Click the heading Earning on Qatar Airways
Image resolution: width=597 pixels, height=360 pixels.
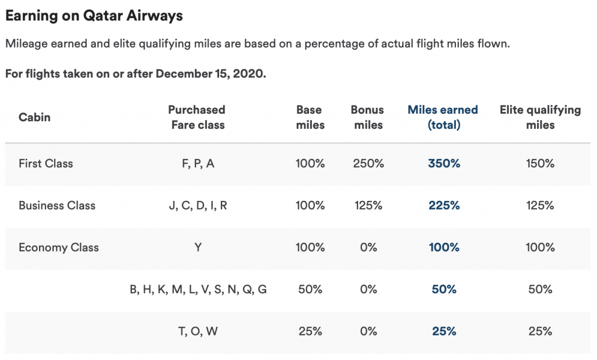(x=94, y=16)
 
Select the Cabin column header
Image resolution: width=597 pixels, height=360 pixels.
(x=34, y=117)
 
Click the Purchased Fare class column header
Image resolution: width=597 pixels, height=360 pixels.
(x=197, y=117)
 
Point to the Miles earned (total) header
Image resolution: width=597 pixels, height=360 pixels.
(x=443, y=117)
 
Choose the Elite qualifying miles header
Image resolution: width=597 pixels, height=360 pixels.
(x=540, y=117)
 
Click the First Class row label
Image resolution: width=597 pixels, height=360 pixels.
(x=46, y=164)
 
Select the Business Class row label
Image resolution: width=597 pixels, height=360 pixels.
(x=57, y=206)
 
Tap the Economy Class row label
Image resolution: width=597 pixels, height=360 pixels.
(x=59, y=248)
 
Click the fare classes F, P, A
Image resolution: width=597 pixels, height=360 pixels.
(x=198, y=164)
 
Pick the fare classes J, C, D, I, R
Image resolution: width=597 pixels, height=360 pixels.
(x=198, y=206)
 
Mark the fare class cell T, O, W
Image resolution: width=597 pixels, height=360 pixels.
(x=198, y=331)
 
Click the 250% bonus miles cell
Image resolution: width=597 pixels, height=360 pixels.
(x=368, y=164)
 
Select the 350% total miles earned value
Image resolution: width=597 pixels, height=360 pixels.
(x=444, y=164)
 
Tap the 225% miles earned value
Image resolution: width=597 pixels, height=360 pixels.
(x=444, y=206)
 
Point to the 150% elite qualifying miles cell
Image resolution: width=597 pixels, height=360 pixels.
(x=540, y=164)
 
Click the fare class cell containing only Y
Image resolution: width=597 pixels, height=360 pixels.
(x=198, y=248)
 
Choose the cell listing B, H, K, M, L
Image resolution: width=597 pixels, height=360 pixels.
(x=198, y=290)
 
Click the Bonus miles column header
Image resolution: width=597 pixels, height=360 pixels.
(x=367, y=117)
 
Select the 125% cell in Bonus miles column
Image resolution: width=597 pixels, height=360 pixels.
(x=368, y=206)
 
